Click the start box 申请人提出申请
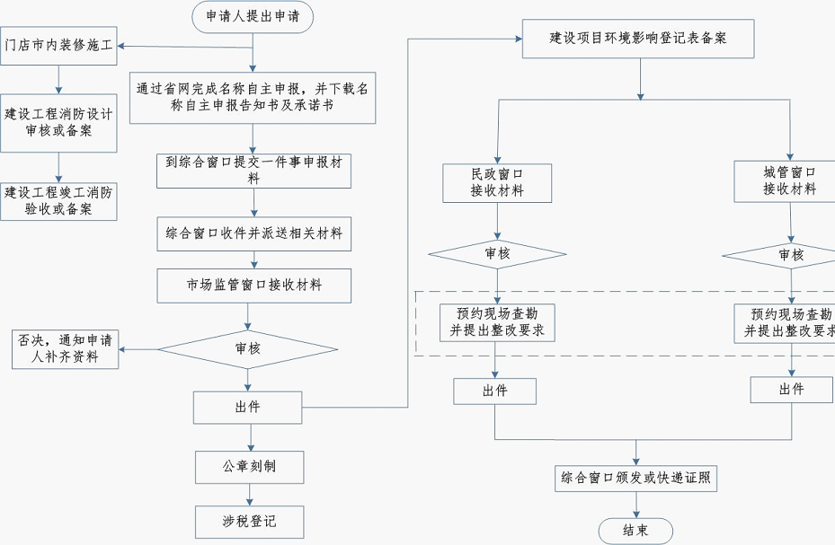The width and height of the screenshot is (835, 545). point(253,16)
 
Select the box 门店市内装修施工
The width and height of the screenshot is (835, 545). point(58,46)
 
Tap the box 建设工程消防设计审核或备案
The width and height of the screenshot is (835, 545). point(58,122)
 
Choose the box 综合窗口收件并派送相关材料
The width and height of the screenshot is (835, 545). point(253,233)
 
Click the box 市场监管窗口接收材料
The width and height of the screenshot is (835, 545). point(253,286)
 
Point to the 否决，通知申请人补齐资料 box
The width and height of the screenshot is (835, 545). point(65,349)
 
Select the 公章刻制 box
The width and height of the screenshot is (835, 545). point(250,467)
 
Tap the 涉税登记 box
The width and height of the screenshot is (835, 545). point(250,522)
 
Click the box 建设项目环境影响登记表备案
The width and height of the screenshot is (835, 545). point(638,39)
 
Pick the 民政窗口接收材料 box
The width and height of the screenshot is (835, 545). point(497,182)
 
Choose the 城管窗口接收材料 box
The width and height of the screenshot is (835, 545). point(789,180)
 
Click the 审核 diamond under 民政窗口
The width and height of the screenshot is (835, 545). point(497,254)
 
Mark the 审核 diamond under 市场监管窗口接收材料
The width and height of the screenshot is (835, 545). point(248,348)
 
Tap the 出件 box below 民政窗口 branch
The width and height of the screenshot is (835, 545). point(494,391)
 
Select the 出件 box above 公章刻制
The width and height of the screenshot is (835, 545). point(248,408)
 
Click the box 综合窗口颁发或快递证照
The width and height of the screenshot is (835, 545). point(636,478)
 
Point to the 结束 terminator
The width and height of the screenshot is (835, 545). point(635,530)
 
